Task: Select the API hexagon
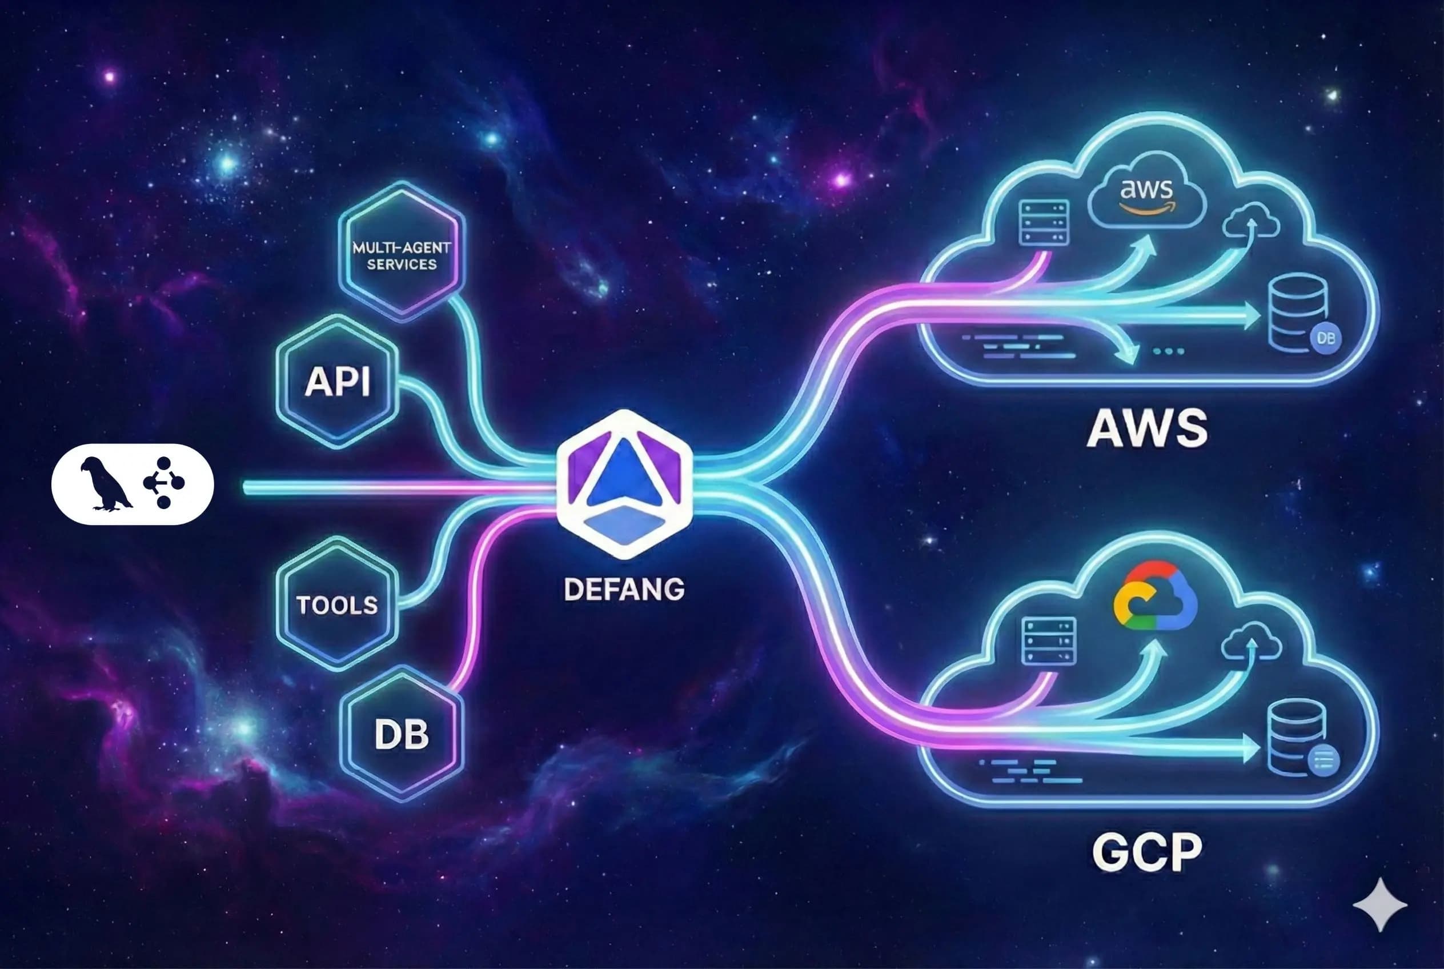[338, 381]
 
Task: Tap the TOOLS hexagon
[337, 604]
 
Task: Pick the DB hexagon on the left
[402, 734]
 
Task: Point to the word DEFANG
[624, 589]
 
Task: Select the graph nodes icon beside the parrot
[164, 483]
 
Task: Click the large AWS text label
[1146, 429]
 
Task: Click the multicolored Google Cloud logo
[1154, 597]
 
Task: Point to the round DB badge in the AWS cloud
[1325, 338]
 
